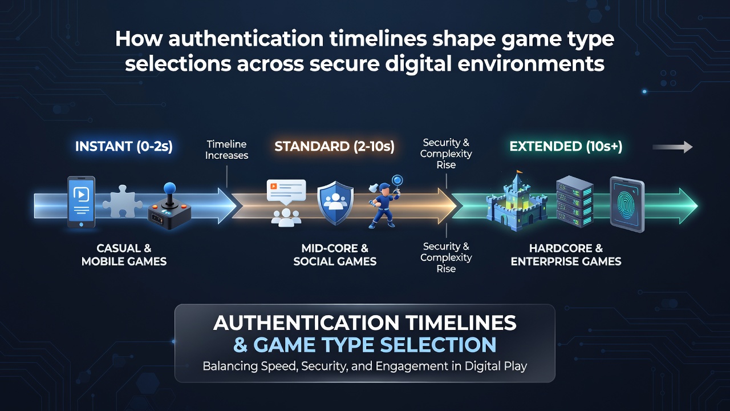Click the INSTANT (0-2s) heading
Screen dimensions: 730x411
point(124,147)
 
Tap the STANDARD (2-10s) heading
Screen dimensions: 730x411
point(334,147)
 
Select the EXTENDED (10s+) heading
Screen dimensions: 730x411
point(566,147)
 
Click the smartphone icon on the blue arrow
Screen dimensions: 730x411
point(81,202)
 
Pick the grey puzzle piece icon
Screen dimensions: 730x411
point(122,202)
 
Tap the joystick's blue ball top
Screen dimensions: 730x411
point(169,188)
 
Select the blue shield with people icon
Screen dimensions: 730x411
point(335,203)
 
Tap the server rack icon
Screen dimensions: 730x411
point(574,202)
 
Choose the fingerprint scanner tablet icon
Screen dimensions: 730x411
point(627,204)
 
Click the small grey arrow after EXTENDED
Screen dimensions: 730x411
point(672,147)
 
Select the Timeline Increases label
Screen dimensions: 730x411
point(227,150)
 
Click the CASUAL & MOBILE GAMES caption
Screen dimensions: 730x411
point(124,255)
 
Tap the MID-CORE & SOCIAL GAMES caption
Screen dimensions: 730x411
point(335,255)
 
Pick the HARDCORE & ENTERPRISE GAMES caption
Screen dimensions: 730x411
point(566,255)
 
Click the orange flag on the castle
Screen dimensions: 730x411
point(520,171)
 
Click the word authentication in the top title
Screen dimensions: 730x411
point(246,39)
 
